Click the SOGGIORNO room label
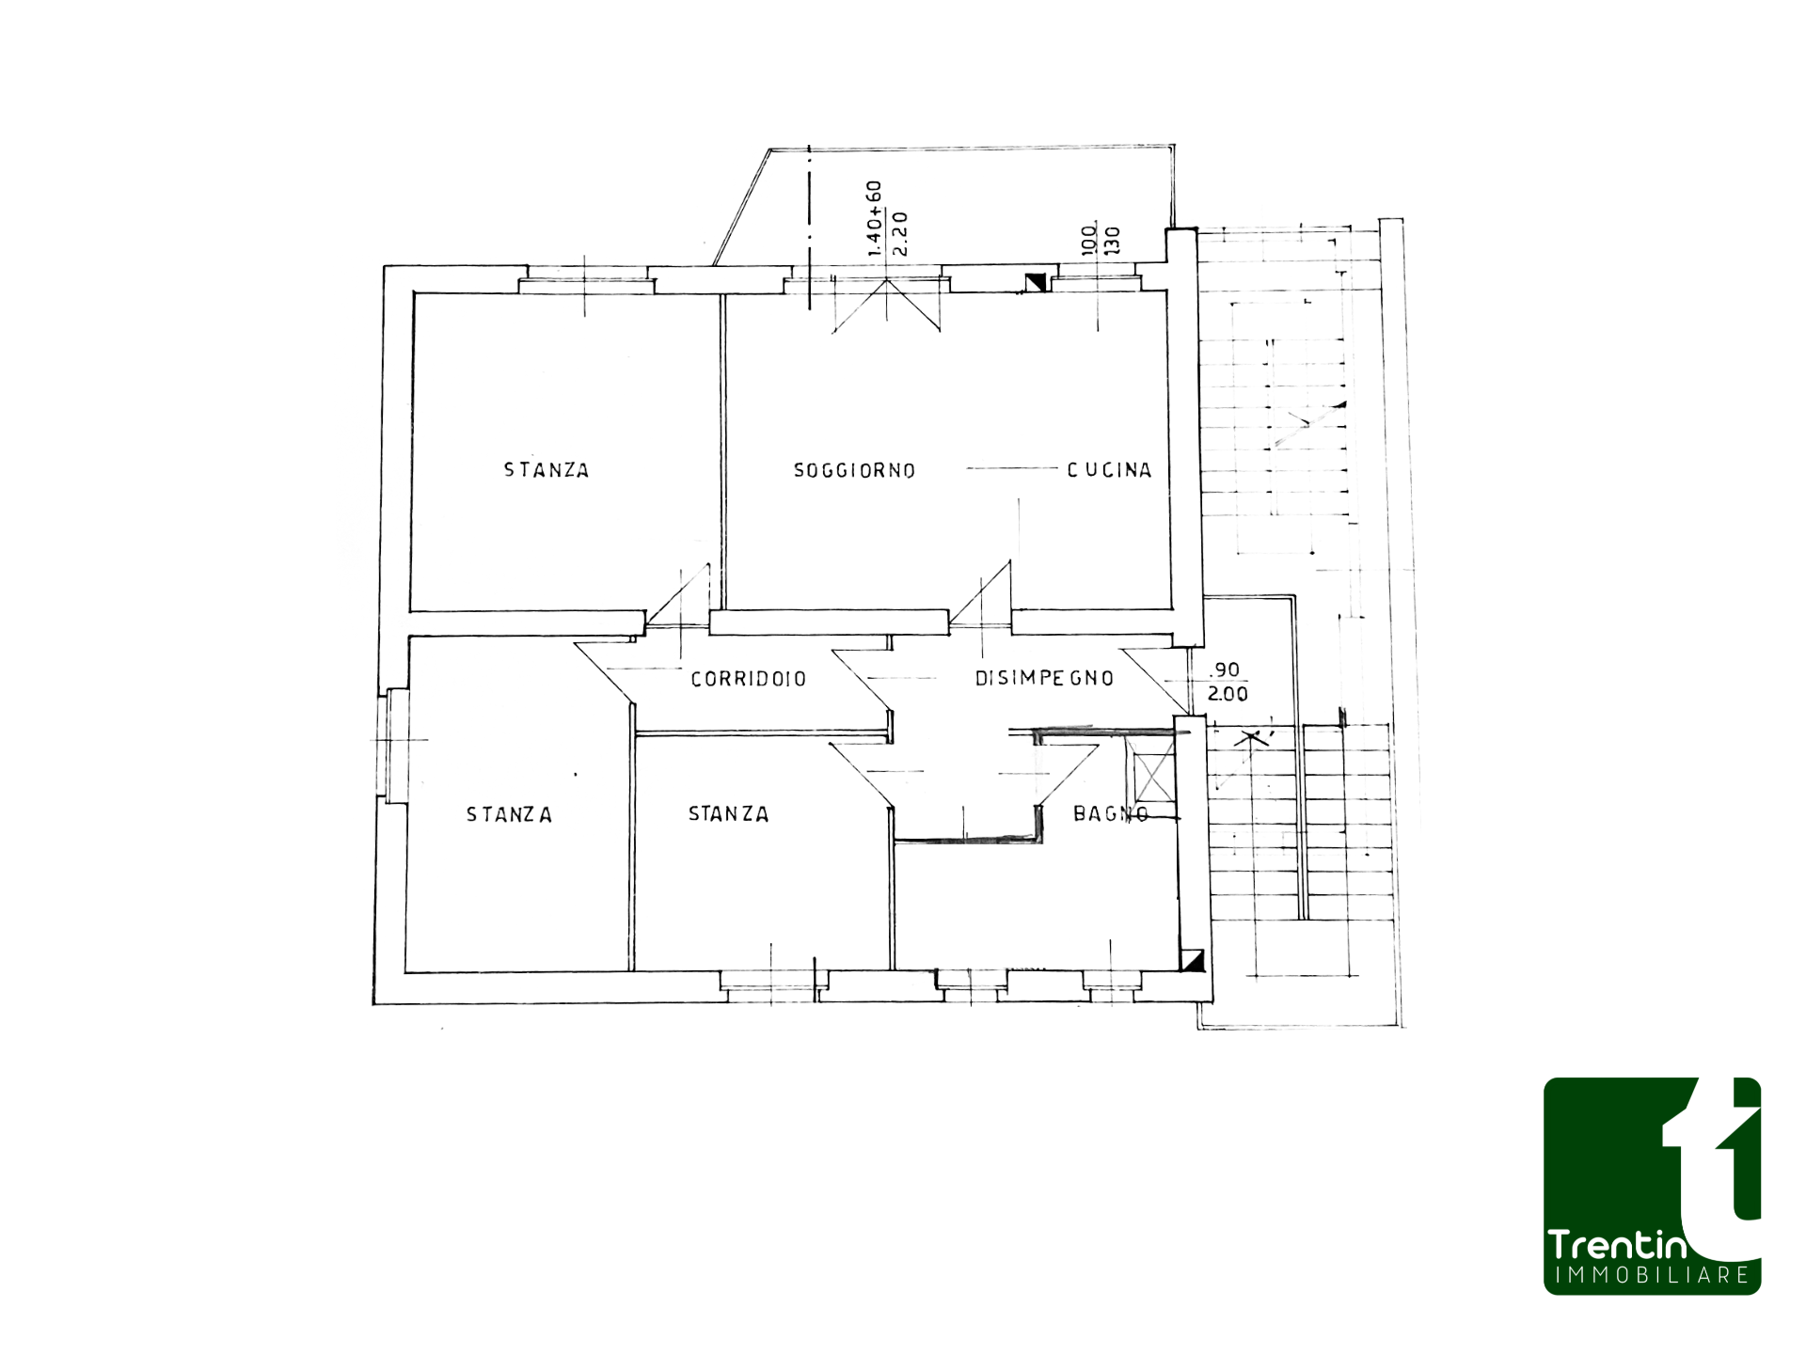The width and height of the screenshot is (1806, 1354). (x=854, y=470)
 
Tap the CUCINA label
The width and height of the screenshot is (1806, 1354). (x=1109, y=469)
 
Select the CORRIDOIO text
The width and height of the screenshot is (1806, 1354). (x=749, y=679)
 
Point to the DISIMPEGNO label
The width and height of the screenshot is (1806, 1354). (x=1044, y=678)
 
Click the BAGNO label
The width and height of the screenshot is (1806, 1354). (x=1111, y=813)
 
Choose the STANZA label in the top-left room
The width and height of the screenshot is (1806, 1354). (x=547, y=470)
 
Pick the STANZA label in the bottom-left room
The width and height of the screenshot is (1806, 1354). (x=509, y=814)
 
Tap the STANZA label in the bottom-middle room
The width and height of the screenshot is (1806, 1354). (x=729, y=813)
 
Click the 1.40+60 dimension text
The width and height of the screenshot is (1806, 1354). (x=874, y=218)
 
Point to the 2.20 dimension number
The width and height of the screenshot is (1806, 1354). (x=899, y=234)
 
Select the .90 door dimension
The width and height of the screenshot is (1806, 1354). (x=1226, y=669)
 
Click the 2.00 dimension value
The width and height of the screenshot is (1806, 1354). (x=1228, y=694)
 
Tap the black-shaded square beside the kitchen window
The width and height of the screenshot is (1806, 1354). (x=1036, y=282)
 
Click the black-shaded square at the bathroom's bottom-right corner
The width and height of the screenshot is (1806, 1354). (x=1193, y=961)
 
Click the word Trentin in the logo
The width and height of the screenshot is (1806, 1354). (x=1617, y=1245)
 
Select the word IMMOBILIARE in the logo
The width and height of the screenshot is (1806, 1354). (x=1652, y=1276)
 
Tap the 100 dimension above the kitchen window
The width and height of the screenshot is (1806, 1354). (x=1089, y=240)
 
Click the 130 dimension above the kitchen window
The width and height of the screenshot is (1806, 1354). (x=1113, y=241)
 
